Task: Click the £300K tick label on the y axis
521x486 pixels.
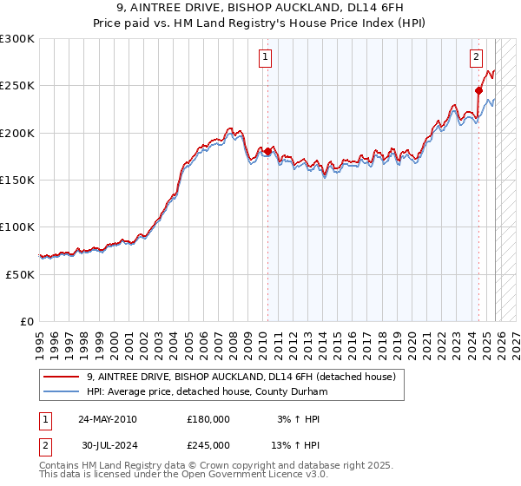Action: point(17,39)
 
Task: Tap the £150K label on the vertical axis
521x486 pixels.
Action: point(17,181)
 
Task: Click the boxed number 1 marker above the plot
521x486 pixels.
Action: point(265,58)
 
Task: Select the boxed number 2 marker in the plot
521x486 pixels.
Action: point(477,58)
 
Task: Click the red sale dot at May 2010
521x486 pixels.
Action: point(267,152)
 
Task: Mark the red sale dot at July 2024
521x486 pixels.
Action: point(478,90)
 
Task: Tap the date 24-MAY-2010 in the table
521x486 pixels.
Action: point(108,419)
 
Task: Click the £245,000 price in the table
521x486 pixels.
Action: point(208,444)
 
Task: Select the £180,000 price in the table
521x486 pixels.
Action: point(208,419)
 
